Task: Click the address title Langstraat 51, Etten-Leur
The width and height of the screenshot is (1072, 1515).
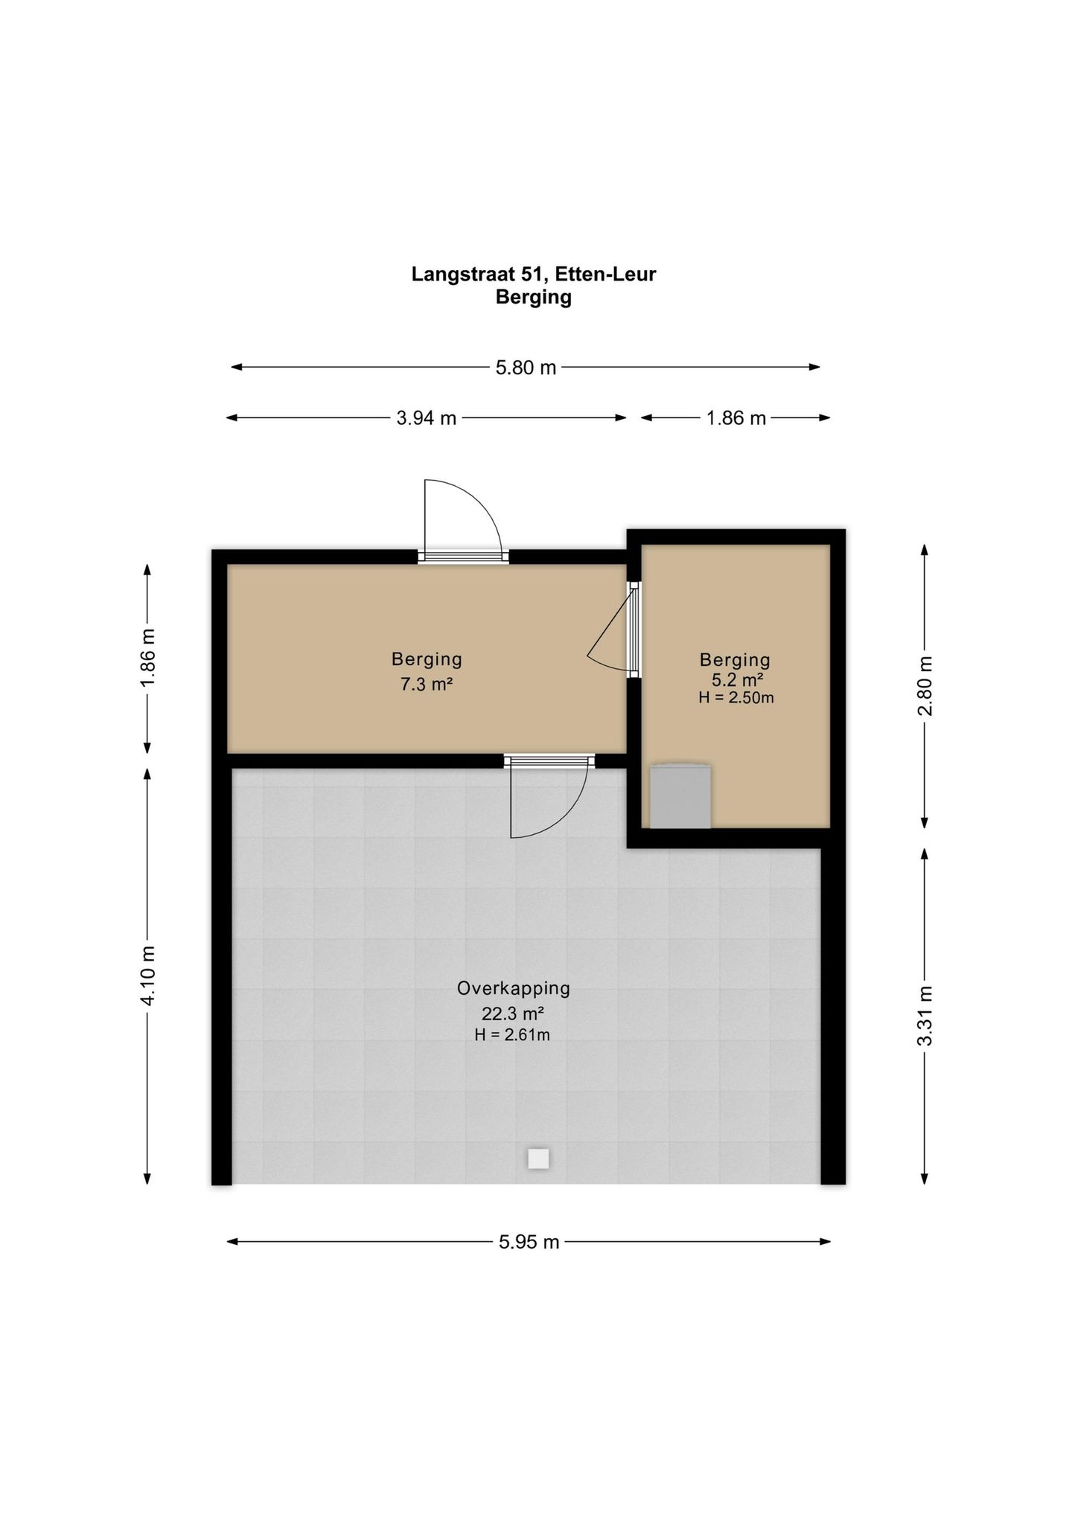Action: tap(534, 275)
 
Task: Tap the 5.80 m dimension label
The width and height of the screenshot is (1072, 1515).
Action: tap(526, 368)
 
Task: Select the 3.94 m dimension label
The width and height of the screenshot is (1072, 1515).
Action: tap(427, 418)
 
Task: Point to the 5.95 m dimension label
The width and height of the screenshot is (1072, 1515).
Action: tap(529, 1242)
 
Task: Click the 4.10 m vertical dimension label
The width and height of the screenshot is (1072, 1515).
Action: tap(148, 976)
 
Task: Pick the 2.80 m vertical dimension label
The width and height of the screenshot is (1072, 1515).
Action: tap(925, 685)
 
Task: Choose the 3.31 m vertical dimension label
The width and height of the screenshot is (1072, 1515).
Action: tap(925, 1016)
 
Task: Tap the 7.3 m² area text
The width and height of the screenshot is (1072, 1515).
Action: tap(427, 684)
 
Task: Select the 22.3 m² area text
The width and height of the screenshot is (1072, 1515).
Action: tap(513, 1013)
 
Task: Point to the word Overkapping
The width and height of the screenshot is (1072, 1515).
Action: tap(514, 988)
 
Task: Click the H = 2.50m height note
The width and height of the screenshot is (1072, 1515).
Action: tap(736, 698)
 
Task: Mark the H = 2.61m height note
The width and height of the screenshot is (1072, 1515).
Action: tap(512, 1034)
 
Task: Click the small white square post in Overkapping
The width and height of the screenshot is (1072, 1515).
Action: tap(538, 1159)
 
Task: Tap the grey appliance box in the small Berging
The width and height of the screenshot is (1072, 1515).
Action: tap(680, 795)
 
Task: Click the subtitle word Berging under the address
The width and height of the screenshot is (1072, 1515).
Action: tap(534, 298)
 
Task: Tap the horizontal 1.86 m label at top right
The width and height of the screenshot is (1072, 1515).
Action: tap(736, 418)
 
